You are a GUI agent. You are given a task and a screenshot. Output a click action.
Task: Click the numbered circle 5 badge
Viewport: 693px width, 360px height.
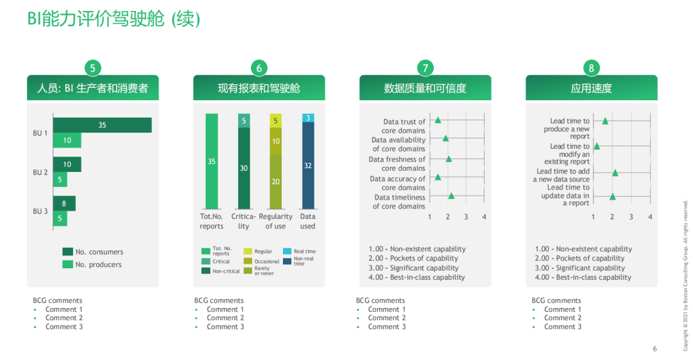tap(93, 68)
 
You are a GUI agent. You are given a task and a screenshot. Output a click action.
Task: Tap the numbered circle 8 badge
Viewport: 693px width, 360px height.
tap(592, 68)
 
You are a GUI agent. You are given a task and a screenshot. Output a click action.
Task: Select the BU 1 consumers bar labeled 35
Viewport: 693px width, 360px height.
tap(103, 125)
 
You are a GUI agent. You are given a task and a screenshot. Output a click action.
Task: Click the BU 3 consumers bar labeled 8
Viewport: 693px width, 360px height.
tap(65, 203)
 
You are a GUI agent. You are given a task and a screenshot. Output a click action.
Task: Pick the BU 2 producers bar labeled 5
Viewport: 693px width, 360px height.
tap(60, 180)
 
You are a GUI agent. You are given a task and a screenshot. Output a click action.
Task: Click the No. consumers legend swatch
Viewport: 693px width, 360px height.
tap(67, 252)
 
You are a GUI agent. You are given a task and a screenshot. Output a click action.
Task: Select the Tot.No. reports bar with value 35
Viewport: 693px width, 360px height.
tap(212, 162)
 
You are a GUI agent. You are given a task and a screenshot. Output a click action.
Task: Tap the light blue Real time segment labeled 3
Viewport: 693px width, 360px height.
tap(308, 117)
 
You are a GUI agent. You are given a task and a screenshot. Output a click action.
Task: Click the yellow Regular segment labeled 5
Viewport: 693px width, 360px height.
tap(276, 121)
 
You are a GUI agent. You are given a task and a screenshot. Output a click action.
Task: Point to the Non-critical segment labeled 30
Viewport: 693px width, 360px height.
tap(244, 169)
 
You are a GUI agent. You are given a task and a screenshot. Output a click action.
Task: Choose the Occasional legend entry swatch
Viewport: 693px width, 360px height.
tap(248, 261)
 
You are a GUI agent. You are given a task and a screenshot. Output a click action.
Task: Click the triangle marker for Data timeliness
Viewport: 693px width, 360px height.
tap(451, 196)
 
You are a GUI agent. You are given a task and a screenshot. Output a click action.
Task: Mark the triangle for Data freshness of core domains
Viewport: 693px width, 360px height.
tap(449, 159)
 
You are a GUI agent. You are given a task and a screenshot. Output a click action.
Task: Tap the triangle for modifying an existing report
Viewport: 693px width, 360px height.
tap(597, 146)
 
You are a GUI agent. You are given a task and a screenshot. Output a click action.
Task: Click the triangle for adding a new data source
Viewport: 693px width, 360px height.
tap(615, 173)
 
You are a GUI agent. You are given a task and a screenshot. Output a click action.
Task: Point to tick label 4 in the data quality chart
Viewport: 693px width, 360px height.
tap(484, 217)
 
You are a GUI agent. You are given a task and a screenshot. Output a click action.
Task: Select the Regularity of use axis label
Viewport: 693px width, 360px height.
tap(276, 221)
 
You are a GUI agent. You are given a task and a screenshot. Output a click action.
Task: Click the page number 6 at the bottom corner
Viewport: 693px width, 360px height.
tap(655, 348)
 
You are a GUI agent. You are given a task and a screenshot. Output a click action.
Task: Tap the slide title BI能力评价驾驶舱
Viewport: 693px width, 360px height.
tap(96, 19)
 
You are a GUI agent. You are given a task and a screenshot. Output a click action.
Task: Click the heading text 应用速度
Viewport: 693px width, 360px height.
tap(592, 88)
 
